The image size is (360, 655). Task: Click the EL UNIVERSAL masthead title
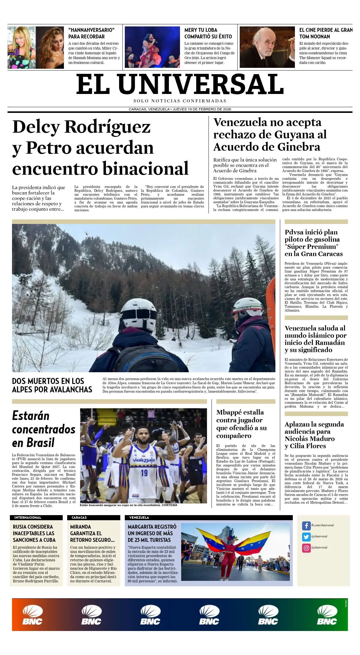(180, 85)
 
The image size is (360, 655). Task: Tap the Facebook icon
(306, 526)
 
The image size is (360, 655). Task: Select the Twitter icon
(306, 536)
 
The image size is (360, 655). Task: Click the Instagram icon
(306, 548)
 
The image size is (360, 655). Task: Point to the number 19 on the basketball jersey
(144, 473)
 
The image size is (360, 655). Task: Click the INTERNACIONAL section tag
(28, 518)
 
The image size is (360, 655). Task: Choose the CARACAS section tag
(79, 518)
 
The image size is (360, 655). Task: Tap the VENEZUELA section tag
(139, 518)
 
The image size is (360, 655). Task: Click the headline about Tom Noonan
(325, 33)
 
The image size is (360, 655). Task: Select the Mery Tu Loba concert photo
(152, 47)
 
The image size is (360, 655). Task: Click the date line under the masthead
(180, 109)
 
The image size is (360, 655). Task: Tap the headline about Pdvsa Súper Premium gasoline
(313, 243)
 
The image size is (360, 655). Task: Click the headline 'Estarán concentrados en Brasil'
(43, 429)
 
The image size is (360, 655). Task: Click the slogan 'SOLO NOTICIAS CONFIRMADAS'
(180, 101)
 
